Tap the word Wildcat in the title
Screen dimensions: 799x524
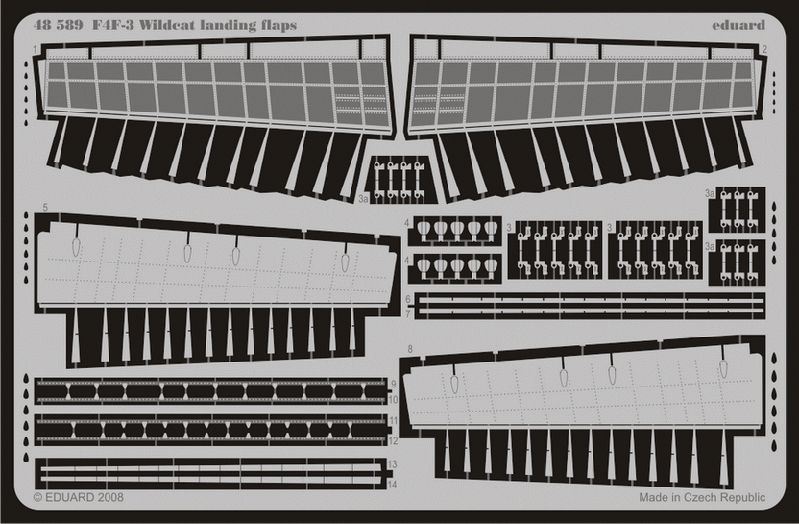point(159,24)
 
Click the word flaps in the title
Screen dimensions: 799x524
point(277,24)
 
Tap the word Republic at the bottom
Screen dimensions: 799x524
point(739,497)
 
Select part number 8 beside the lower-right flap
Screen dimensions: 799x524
point(409,348)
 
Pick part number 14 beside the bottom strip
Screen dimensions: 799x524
point(393,485)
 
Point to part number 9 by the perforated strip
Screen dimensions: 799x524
point(393,384)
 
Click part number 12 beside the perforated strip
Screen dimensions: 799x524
point(393,441)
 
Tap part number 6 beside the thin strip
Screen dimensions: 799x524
point(408,300)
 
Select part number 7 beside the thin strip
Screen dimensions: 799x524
point(408,313)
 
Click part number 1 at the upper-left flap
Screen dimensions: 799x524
point(36,48)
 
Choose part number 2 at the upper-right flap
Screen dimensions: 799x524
point(763,48)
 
